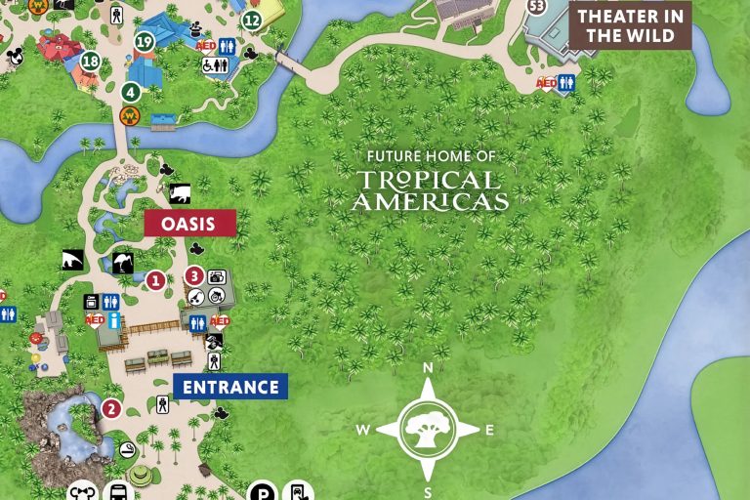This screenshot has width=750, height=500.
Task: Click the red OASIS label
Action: tap(189, 224)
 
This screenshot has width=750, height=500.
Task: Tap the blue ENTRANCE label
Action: tap(230, 387)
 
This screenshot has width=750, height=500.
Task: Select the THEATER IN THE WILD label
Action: tap(631, 25)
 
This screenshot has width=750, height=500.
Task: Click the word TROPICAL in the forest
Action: tap(428, 181)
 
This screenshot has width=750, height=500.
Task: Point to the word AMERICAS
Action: tap(430, 202)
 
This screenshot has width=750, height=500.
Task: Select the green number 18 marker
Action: tap(91, 62)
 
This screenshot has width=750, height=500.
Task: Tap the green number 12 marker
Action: tap(252, 20)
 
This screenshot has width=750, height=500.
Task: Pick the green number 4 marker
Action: tap(131, 92)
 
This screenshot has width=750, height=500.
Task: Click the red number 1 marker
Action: tap(155, 280)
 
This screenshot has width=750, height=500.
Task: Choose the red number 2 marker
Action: tap(111, 408)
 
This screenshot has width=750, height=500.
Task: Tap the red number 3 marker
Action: tap(194, 275)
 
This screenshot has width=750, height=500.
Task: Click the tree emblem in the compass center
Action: tap(427, 429)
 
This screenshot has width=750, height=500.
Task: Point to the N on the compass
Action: tap(427, 368)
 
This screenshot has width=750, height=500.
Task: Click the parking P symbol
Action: tap(261, 491)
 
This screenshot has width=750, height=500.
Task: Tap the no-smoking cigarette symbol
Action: tap(128, 449)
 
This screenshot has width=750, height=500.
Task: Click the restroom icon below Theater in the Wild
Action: tap(565, 84)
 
